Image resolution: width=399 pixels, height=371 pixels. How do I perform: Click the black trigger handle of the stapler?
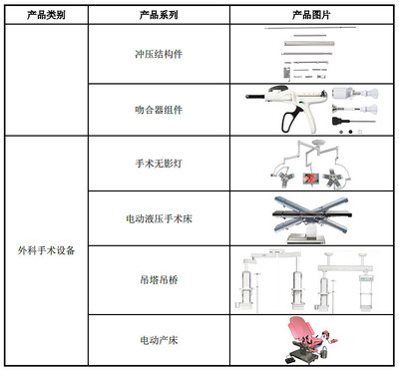click(x=292, y=121)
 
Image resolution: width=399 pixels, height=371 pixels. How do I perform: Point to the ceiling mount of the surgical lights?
click(x=312, y=145)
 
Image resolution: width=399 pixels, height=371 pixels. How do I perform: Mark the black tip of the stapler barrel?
click(x=250, y=98)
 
